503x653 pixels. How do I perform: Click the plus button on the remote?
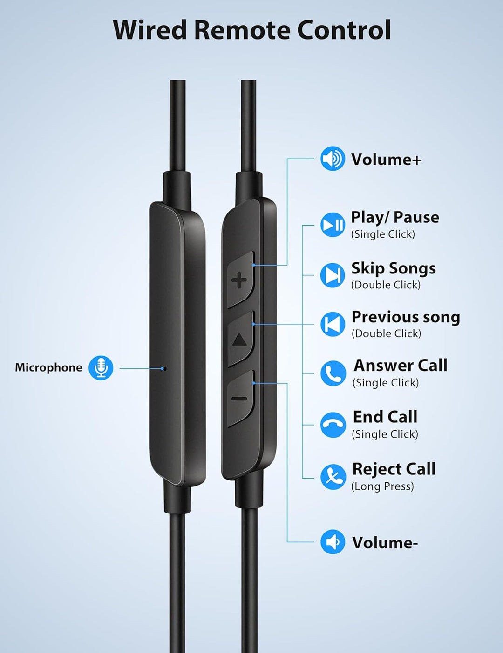240,280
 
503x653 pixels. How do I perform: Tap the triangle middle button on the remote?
240,339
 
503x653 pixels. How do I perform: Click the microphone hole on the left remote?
163,368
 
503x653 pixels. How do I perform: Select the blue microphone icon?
101,368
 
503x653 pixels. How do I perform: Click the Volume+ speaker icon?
333,159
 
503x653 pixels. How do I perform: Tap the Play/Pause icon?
333,225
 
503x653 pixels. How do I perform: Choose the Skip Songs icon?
333,275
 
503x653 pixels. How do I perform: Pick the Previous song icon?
333,324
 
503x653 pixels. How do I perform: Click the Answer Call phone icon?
333,373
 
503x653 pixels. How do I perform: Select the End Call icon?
333,425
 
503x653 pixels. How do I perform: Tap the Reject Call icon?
333,477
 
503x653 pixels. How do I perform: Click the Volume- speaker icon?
333,542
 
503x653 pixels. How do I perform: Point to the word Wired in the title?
150,30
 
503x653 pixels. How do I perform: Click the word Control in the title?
344,30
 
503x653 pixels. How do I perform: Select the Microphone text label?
48,368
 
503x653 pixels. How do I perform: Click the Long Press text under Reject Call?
382,486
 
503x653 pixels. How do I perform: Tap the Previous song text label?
406,317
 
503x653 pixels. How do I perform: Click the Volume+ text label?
386,159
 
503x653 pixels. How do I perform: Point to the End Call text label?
385,417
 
